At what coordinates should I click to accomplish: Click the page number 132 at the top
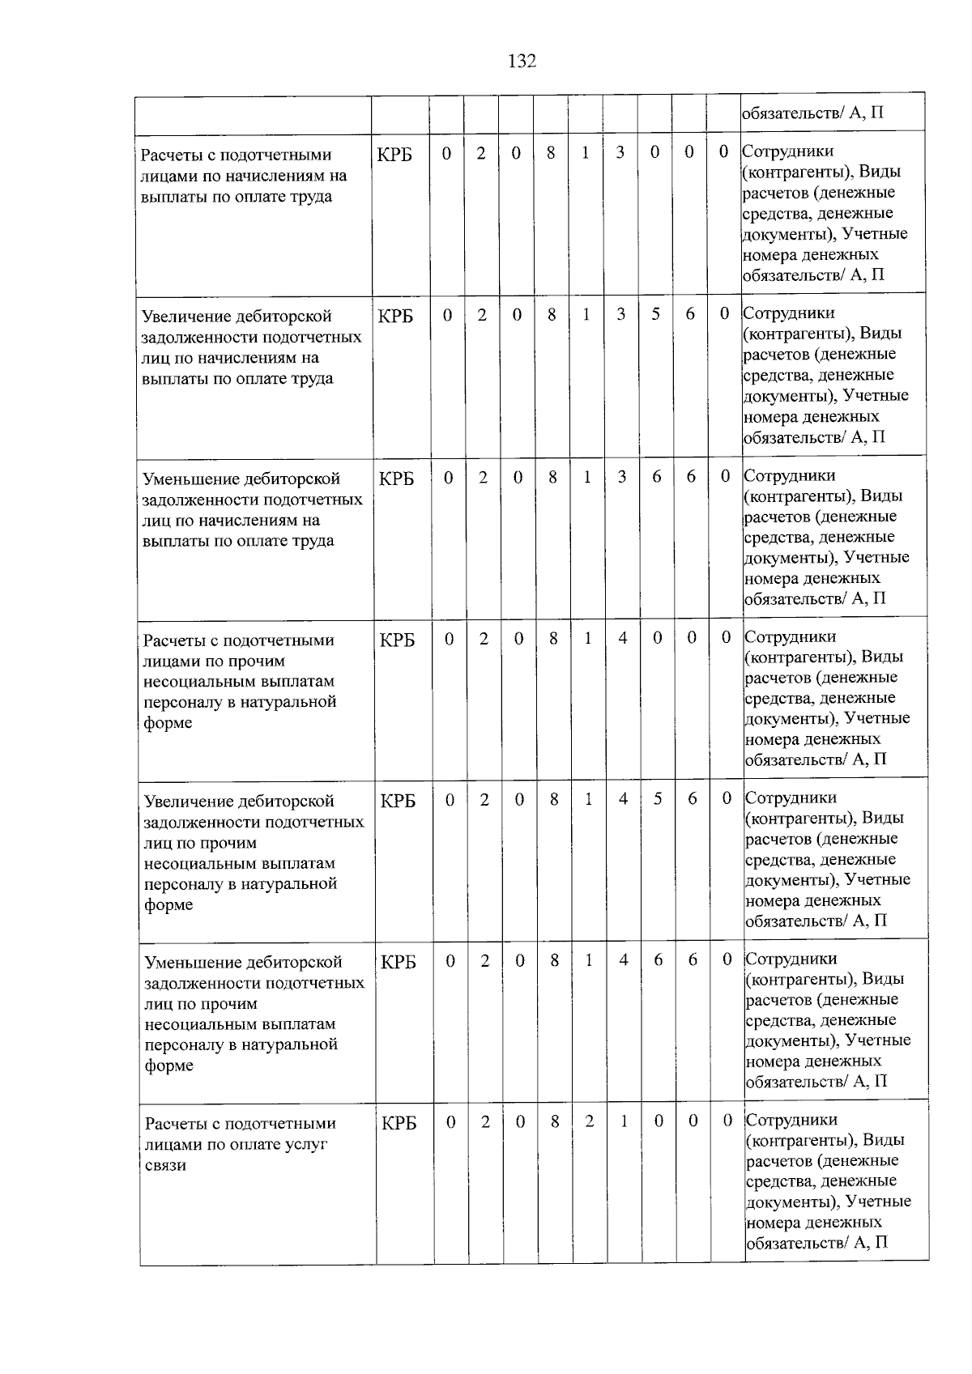click(x=522, y=62)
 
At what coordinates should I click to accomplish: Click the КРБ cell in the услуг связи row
click(x=399, y=1123)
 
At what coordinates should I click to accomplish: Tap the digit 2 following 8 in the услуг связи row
click(x=589, y=1121)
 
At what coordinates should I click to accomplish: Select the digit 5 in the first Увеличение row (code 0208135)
click(x=655, y=314)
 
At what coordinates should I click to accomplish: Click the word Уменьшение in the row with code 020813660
click(x=190, y=479)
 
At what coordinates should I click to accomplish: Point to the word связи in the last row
click(x=165, y=1165)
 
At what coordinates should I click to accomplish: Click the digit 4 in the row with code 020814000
click(x=622, y=638)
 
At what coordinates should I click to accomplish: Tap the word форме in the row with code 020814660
click(x=168, y=1066)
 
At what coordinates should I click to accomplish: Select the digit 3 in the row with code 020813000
click(x=620, y=152)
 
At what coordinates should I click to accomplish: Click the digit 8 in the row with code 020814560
click(x=554, y=799)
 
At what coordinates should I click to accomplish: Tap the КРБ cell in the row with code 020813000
click(x=395, y=154)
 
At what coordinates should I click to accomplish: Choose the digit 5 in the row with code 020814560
click(x=658, y=799)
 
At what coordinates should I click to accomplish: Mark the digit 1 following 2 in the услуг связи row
click(x=624, y=1121)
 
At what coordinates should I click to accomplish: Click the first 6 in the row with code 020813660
click(x=656, y=477)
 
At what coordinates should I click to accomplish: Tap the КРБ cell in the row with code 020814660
click(x=399, y=962)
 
